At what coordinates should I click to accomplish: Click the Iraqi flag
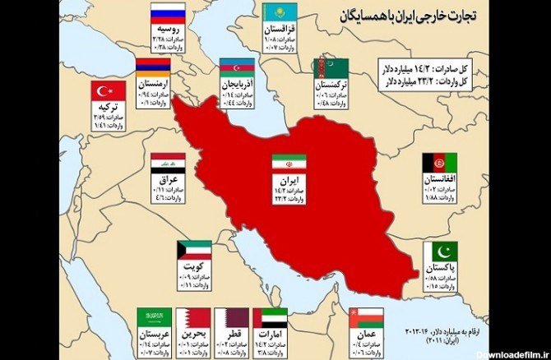point(168,163)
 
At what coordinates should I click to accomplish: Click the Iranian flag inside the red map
point(289,163)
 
